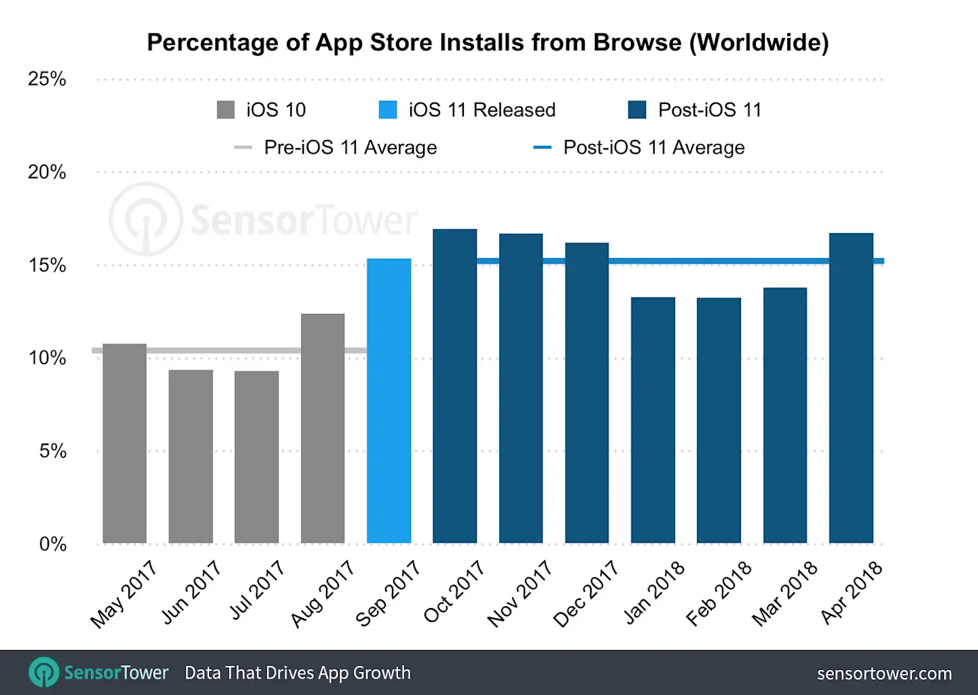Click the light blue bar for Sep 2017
388,401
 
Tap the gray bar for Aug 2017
323,428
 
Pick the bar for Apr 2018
851,388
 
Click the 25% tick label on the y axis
47,79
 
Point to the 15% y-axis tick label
47,266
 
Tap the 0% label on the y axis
52,544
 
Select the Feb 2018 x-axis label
719,593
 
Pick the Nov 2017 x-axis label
520,593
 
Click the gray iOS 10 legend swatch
225,110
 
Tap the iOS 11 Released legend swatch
388,110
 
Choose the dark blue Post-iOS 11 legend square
637,110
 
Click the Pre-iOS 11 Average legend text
350,147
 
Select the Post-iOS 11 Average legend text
653,147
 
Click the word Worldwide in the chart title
759,42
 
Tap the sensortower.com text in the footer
884,673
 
